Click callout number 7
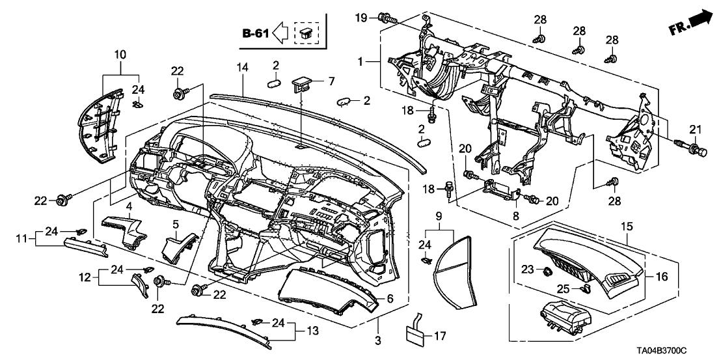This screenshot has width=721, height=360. click(x=331, y=81)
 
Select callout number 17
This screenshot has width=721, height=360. click(x=441, y=337)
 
